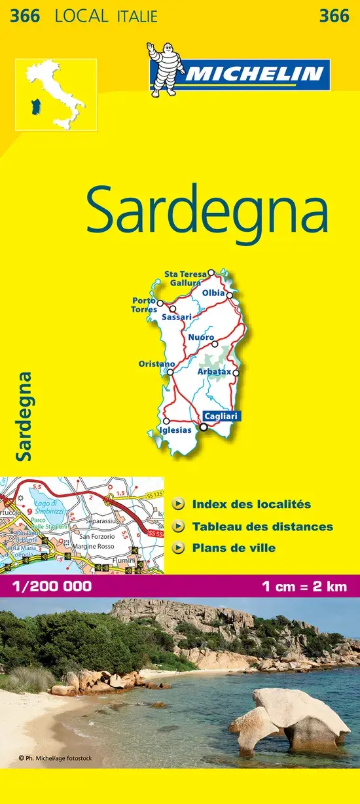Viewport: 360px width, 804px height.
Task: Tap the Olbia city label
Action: pos(213,293)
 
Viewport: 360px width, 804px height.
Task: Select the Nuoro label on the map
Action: pos(200,337)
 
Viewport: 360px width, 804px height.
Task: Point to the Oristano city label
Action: pos(156,364)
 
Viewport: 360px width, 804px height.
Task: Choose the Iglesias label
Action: pos(175,430)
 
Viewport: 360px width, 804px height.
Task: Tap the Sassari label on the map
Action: pos(176,317)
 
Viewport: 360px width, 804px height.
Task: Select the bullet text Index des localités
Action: pos(251,505)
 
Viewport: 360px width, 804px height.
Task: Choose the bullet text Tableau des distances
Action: pos(262,526)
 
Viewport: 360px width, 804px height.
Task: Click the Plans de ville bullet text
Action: pos(234,548)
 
